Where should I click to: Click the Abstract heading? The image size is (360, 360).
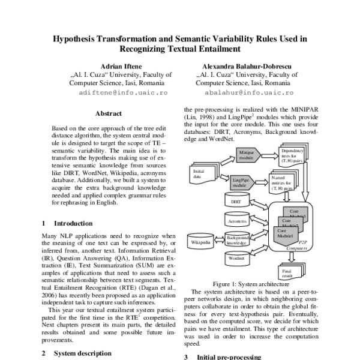point(108,113)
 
